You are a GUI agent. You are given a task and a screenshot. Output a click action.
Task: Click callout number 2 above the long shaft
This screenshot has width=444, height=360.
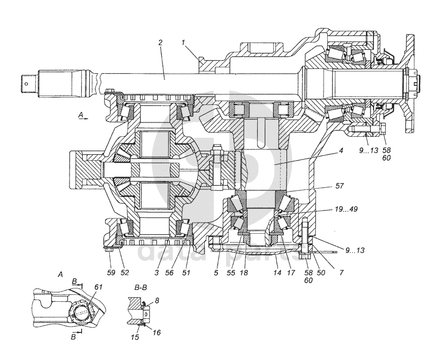pyautogui.click(x=160, y=43)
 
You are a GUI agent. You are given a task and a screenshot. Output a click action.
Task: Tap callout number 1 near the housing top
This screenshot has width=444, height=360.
pyautogui.click(x=183, y=43)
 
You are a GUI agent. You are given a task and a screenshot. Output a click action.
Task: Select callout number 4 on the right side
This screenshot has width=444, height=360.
pyautogui.click(x=341, y=151)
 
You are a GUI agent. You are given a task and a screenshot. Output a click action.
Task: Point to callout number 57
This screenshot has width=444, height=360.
pyautogui.click(x=339, y=186)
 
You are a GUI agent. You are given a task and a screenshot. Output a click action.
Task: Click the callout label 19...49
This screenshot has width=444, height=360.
pyautogui.click(x=346, y=209)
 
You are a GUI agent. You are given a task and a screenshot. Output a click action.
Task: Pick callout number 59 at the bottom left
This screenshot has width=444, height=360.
pyautogui.click(x=111, y=273)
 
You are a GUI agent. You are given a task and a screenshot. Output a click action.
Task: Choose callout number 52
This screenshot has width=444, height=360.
pyautogui.click(x=125, y=273)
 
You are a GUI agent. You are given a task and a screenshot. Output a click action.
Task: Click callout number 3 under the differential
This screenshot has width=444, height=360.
pyautogui.click(x=156, y=273)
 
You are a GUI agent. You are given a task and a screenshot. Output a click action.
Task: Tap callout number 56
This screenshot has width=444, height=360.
pyautogui.click(x=169, y=273)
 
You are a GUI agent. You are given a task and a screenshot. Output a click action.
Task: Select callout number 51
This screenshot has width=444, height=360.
pyautogui.click(x=186, y=273)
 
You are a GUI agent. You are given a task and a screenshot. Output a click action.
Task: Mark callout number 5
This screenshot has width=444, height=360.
pyautogui.click(x=216, y=273)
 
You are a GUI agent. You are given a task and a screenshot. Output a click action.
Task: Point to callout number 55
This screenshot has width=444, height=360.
pyautogui.click(x=231, y=273)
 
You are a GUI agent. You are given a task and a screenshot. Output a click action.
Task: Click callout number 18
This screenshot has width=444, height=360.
pyautogui.click(x=244, y=273)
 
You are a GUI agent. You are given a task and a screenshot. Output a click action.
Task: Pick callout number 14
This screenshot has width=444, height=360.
pyautogui.click(x=277, y=273)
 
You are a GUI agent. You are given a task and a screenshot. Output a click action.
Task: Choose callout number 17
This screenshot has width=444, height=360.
pyautogui.click(x=291, y=273)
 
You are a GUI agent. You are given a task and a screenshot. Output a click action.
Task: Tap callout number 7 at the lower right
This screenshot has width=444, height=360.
pyautogui.click(x=341, y=273)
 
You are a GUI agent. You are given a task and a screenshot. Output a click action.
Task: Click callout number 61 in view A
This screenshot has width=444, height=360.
pyautogui.click(x=98, y=287)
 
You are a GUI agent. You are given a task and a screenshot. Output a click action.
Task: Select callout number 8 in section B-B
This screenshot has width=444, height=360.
pyautogui.click(x=157, y=300)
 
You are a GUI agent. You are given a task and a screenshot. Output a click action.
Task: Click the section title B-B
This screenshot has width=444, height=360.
pyautogui.click(x=141, y=287)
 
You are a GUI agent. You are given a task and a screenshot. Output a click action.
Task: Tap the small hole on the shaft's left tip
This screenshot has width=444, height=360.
pyautogui.click(x=26, y=83)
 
